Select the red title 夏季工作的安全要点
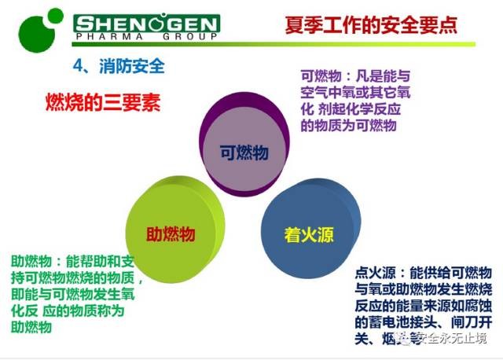pos(369,26)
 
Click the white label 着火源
pos(309,234)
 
